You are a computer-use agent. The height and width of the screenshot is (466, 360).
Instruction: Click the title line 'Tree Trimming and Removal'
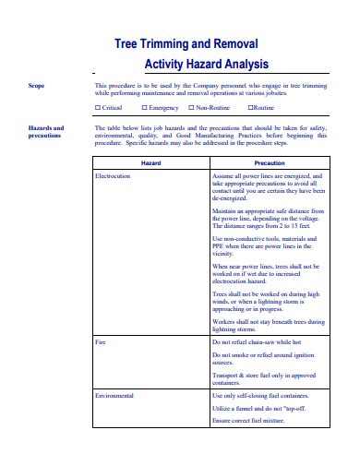point(186,43)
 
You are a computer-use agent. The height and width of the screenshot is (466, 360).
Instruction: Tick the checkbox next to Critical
point(99,108)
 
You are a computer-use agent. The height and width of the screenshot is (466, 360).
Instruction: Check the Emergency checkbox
point(144,108)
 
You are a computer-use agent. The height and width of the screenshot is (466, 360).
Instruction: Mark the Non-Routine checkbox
point(190,108)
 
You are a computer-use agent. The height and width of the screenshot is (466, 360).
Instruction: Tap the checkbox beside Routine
point(250,108)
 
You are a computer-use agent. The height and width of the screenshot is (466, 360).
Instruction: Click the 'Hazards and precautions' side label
point(46,132)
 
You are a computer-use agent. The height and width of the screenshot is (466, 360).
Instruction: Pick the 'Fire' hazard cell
point(102,341)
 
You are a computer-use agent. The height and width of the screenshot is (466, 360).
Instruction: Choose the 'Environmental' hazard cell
point(115,395)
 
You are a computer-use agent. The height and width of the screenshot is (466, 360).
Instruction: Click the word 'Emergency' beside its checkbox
point(164,108)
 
